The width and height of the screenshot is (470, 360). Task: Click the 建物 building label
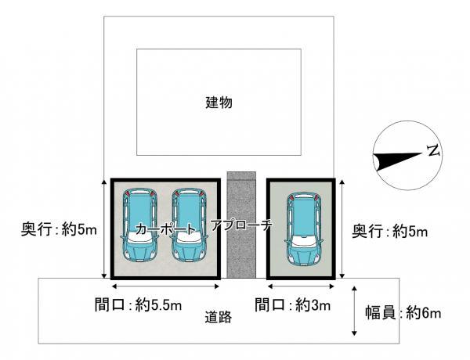coord(219,103)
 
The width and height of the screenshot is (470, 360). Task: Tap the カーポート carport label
coord(165,229)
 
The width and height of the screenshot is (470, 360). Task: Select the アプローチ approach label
coord(241,225)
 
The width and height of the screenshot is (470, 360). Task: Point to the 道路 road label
coord(219,318)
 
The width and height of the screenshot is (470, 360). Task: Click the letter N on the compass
coord(433,149)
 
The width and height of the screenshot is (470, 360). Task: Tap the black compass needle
coord(397,161)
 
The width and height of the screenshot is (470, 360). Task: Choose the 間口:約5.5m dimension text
coord(138,305)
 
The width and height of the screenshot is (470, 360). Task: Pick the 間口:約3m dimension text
coord(292,305)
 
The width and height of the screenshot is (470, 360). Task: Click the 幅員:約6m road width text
coord(403,313)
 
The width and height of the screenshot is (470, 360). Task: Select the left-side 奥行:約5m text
coord(59,230)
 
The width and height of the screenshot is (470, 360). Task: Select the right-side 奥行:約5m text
coord(389,231)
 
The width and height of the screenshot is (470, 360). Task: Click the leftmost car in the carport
coord(139,225)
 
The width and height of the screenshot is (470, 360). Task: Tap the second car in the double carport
coord(189,225)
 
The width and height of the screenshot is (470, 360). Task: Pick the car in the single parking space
coord(303,229)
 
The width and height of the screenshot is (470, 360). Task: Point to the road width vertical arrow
coord(354,311)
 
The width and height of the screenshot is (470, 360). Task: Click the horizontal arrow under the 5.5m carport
coord(165,286)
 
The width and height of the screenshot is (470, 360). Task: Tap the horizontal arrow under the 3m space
coord(301,286)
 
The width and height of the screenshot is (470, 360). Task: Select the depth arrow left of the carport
coord(104,229)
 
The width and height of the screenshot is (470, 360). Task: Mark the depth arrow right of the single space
coord(342,229)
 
